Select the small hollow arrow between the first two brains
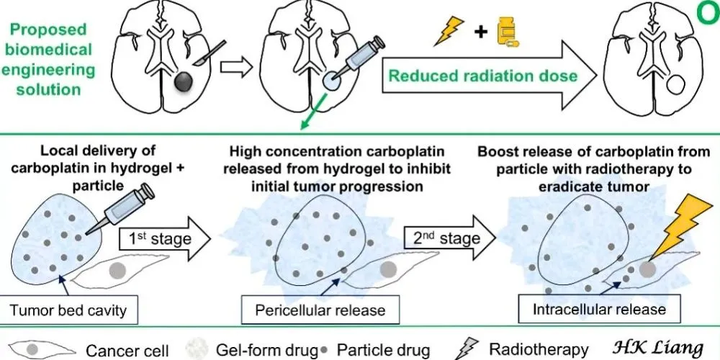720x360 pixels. point(233,67)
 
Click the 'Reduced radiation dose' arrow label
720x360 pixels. point(482,76)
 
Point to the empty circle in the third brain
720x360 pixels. point(677,86)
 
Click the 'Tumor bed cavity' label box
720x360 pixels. point(69,310)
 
